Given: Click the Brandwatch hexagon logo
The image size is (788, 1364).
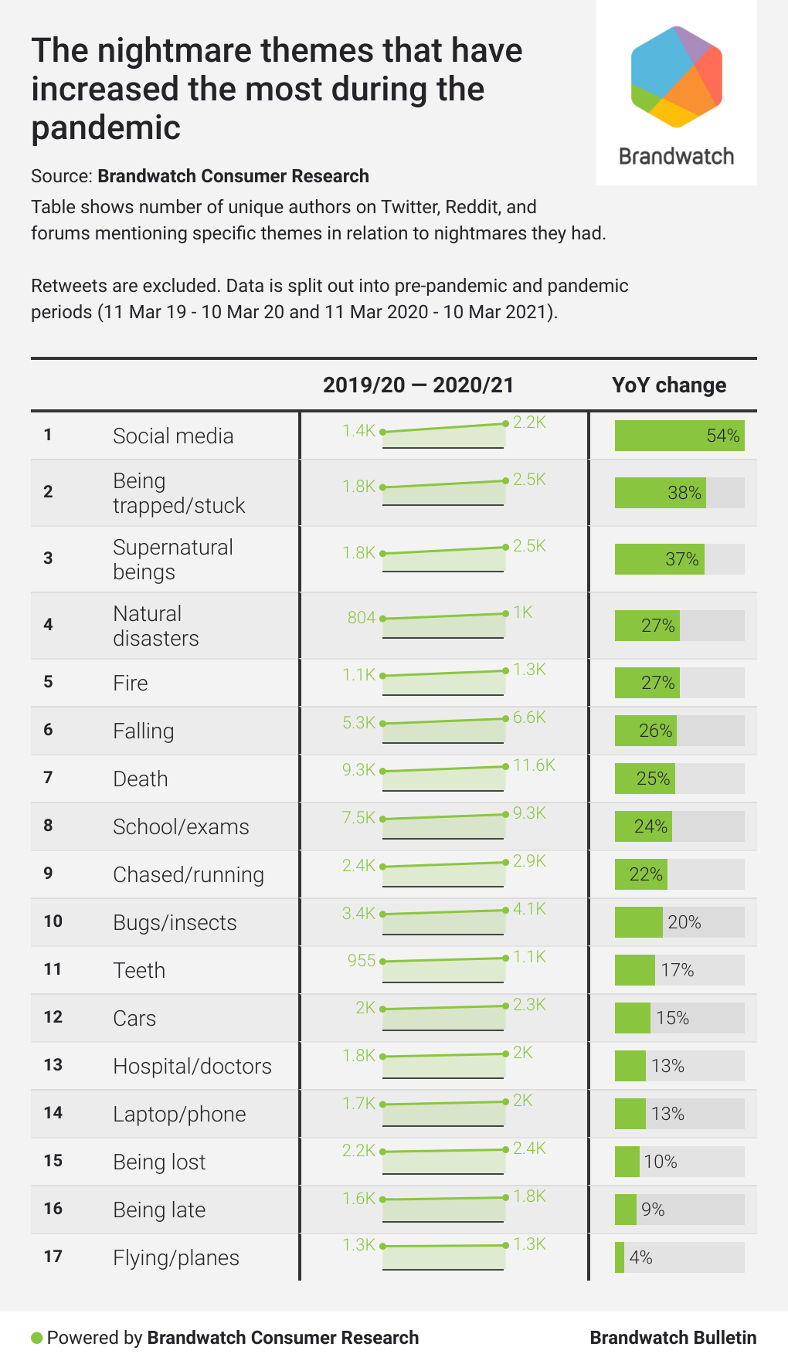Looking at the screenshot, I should point(677,76).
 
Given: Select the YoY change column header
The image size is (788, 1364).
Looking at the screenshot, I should point(669,385).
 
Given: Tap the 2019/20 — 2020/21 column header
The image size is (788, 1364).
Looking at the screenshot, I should point(418,385).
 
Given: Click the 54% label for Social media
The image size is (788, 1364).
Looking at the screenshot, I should point(723,436).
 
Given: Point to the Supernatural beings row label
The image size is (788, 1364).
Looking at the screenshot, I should point(172,559).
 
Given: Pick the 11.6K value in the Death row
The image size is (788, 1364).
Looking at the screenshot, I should point(534,765).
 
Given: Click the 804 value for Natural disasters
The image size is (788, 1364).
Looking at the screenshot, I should point(361,617).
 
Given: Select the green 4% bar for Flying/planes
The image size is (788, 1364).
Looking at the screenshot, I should point(620,1257).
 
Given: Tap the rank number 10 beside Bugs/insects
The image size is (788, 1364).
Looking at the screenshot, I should point(53,921).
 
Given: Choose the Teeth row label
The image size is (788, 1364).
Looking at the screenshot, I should point(139,970).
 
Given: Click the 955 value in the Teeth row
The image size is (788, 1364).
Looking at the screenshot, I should point(361,960).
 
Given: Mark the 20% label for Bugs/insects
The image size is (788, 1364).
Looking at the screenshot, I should point(684,922).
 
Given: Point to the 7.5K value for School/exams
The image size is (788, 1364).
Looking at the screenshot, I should point(358,817).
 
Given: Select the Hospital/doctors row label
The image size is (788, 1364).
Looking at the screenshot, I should point(192,1066).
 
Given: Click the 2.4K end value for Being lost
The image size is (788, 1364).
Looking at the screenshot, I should point(529,1148).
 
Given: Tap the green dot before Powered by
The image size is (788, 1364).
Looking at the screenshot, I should point(36,1338).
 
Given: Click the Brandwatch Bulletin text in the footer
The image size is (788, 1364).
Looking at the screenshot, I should point(673,1338).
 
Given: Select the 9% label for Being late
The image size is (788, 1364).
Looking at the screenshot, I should point(653,1210).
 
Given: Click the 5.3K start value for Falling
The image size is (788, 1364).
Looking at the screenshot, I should point(358,722).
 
